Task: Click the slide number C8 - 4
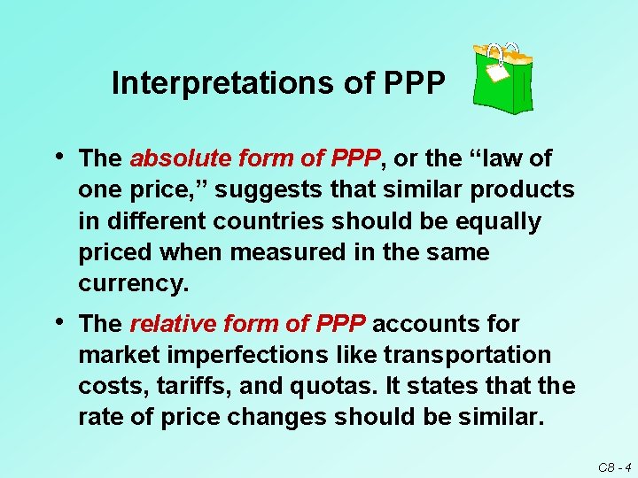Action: [613, 466]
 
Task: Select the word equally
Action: [495, 221]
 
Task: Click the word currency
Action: [134, 283]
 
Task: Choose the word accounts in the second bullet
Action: [416, 324]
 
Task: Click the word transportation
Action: [467, 355]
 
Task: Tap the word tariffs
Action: [175, 386]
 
